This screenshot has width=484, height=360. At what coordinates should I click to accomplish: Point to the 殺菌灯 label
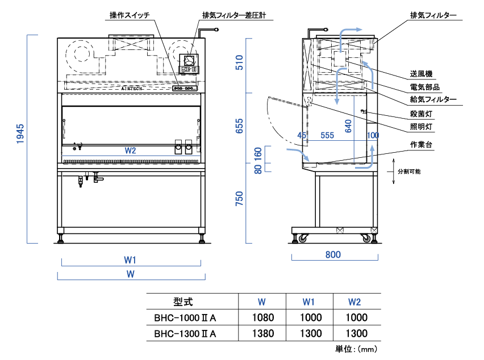421,114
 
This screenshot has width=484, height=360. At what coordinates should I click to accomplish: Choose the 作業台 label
421,145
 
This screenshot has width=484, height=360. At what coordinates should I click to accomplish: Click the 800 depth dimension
333,255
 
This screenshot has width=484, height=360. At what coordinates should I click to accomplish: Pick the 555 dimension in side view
327,136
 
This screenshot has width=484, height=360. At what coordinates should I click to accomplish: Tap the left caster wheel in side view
302,238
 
